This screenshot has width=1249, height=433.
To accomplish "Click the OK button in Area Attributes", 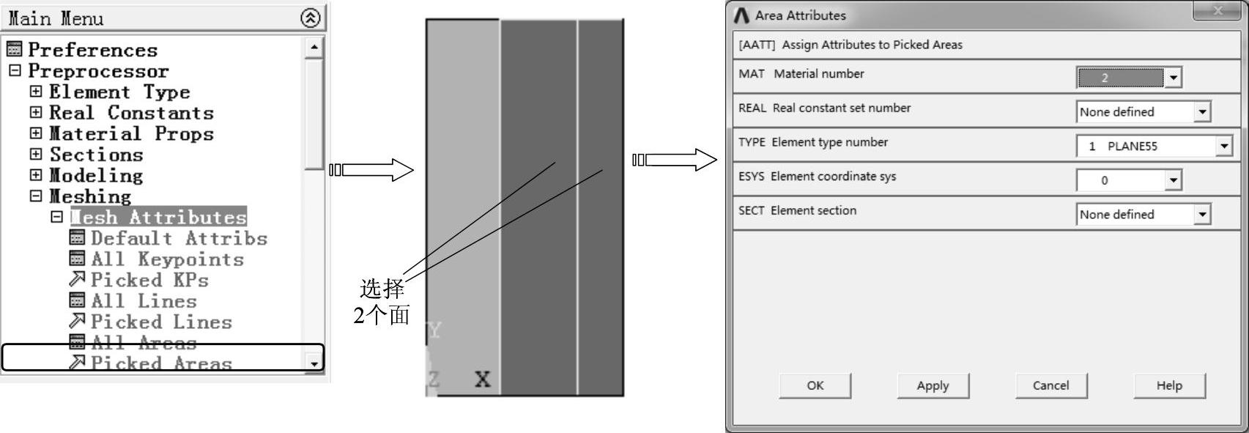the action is tap(815, 385).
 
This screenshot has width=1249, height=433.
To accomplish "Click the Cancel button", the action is tap(1050, 385).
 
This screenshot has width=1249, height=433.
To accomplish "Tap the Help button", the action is tap(1169, 385).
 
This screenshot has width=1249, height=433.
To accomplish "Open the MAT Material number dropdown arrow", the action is tap(1173, 78).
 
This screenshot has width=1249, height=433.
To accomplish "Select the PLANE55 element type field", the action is tap(1146, 146).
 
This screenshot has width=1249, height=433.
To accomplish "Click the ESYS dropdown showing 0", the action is tap(1128, 180).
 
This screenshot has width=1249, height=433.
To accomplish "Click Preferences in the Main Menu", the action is tap(92, 50).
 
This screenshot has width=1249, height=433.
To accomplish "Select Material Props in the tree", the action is tap(131, 134).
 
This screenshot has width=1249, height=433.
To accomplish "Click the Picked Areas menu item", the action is tap(160, 363).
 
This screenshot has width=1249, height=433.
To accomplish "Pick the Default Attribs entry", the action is tap(179, 238).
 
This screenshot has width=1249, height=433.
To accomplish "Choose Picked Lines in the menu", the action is tap(160, 322).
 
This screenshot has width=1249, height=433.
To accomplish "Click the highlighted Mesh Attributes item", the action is tap(158, 218).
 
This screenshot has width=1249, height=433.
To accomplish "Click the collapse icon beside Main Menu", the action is tap(311, 18).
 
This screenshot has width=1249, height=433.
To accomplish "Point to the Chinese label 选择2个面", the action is tap(382, 301).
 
